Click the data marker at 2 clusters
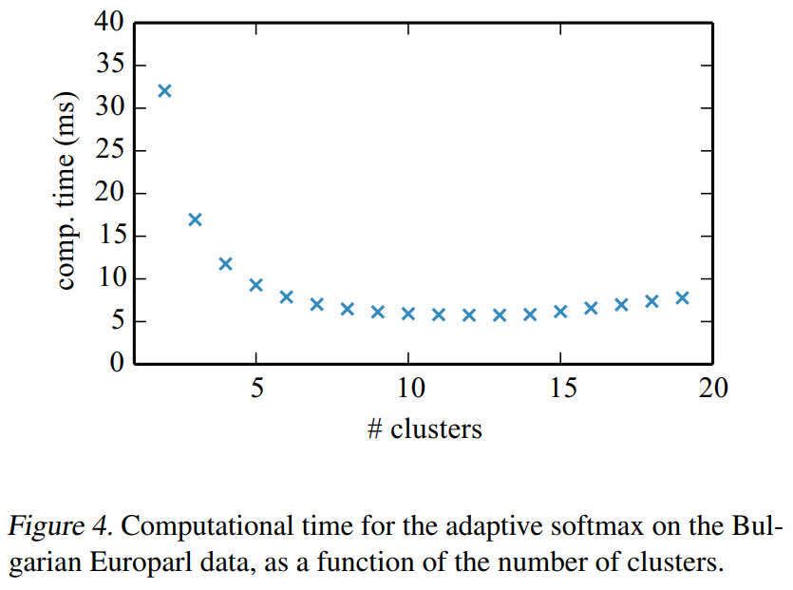164,91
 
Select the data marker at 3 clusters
195,219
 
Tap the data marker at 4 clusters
225,263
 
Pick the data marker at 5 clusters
255,285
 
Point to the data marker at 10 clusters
408,314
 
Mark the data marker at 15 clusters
560,311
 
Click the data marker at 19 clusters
682,297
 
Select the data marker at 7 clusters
317,304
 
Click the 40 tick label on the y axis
108,23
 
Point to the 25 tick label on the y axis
108,151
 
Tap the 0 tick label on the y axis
116,364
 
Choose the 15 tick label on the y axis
108,237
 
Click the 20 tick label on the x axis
713,389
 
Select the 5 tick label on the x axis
256,389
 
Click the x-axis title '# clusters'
425,429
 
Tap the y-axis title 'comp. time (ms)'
67,193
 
